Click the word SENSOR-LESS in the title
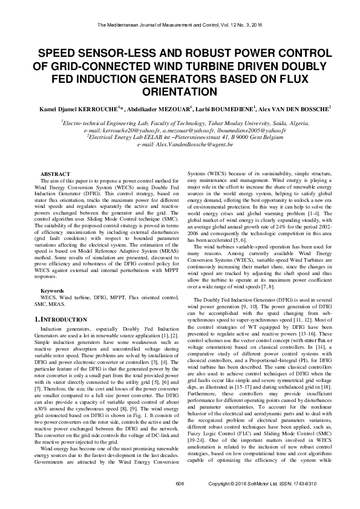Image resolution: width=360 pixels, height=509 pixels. click(x=112, y=53)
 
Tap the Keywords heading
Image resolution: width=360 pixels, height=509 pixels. click(x=52, y=291)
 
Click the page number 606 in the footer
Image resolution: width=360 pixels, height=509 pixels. click(x=179, y=501)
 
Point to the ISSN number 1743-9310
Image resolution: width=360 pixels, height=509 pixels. click(x=322, y=501)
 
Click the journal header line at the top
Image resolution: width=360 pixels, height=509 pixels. click(x=180, y=25)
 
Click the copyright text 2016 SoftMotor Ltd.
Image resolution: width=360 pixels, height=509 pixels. click(x=254, y=501)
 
